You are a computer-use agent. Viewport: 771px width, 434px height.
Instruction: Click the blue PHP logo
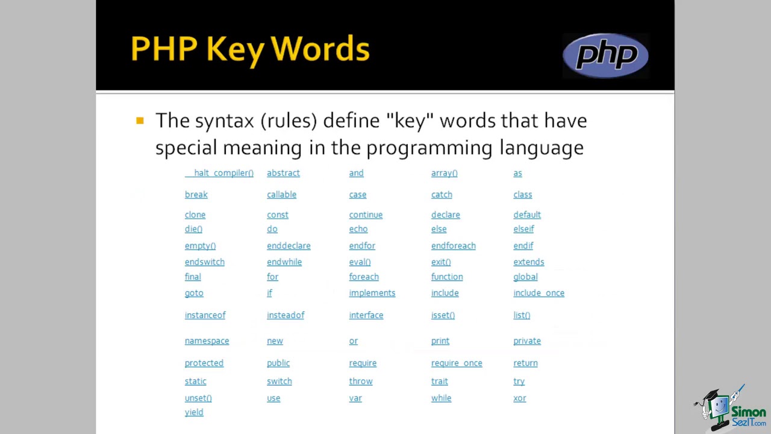point(605,55)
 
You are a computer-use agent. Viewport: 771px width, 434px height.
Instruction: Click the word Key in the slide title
point(235,49)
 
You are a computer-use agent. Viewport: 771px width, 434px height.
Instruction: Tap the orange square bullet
point(140,121)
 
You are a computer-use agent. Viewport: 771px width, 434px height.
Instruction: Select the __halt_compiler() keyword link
point(219,173)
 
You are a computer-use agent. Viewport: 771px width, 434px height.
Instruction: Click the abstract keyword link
point(283,173)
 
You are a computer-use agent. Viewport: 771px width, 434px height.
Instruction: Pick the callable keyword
point(281,195)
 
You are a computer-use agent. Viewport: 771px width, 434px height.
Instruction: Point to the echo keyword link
point(358,229)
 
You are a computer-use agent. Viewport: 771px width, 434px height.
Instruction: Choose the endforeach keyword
point(453,246)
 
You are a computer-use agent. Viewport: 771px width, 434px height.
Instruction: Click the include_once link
point(538,293)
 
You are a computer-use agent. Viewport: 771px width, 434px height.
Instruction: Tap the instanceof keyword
point(205,315)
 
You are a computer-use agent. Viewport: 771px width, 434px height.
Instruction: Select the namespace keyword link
point(207,341)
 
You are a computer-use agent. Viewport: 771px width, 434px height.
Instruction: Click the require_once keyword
point(457,363)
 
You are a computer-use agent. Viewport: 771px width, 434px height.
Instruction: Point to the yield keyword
point(194,412)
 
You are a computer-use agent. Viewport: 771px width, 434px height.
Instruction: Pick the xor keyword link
point(519,398)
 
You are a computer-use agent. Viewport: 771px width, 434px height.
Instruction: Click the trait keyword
point(439,382)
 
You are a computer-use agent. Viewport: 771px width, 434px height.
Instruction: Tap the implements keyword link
point(372,293)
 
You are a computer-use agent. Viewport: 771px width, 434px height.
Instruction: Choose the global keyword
point(525,277)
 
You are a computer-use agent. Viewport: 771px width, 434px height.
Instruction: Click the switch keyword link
point(279,382)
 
